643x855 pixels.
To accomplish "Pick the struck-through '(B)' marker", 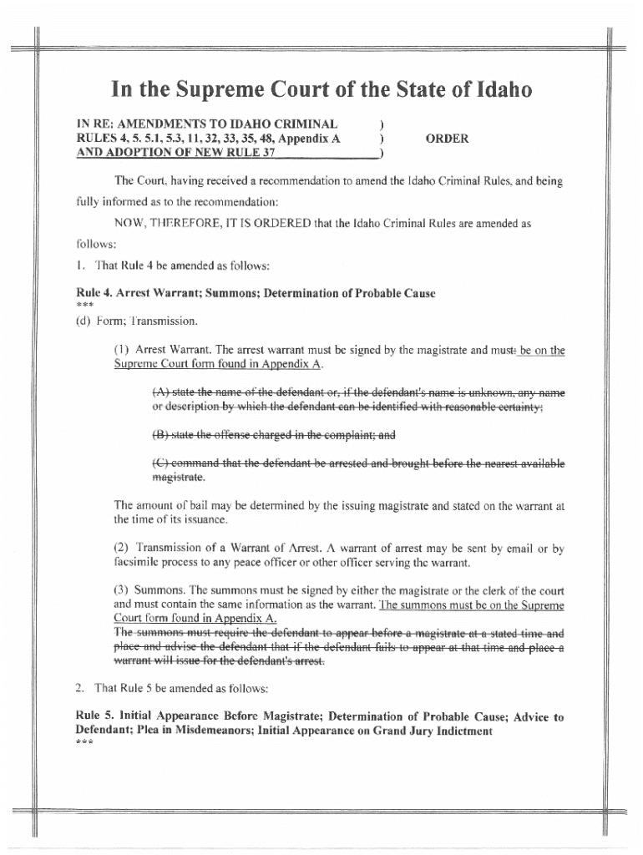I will point(162,434).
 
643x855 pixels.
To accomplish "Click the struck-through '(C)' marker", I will point(162,463).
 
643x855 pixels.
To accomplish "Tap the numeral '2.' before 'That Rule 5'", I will point(80,688).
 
